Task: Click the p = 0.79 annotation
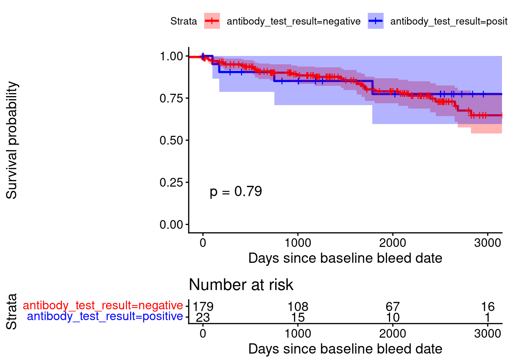(236, 191)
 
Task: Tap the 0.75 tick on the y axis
(171, 98)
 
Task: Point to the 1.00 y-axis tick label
(171, 56)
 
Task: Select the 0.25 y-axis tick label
(171, 183)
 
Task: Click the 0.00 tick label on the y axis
(171, 225)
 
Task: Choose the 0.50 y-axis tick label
(171, 140)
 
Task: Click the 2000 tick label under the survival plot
(393, 243)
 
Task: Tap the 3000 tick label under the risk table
(488, 334)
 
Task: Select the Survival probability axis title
(12, 140)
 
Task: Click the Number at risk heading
(241, 285)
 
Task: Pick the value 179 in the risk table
(203, 307)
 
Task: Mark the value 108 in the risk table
(298, 307)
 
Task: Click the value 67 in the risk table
(393, 307)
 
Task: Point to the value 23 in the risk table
(203, 317)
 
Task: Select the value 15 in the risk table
(298, 317)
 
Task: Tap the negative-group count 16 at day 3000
(488, 307)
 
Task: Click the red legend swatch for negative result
(212, 21)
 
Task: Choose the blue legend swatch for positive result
(376, 21)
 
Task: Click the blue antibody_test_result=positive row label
(105, 316)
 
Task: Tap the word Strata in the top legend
(184, 21)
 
